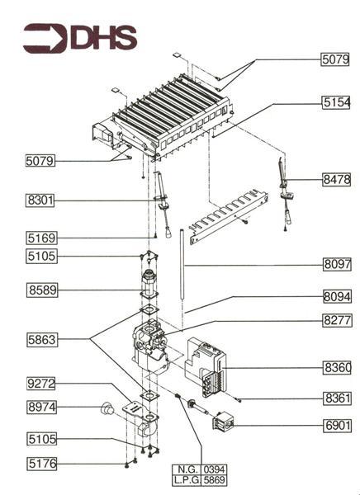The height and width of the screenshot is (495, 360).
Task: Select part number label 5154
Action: click(337, 102)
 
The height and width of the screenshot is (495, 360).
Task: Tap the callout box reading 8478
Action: click(337, 179)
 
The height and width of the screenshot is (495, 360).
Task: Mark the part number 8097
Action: click(337, 265)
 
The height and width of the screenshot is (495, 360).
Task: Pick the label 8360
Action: click(337, 365)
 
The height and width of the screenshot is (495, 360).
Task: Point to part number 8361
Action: click(337, 398)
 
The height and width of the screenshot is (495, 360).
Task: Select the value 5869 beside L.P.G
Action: click(214, 479)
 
